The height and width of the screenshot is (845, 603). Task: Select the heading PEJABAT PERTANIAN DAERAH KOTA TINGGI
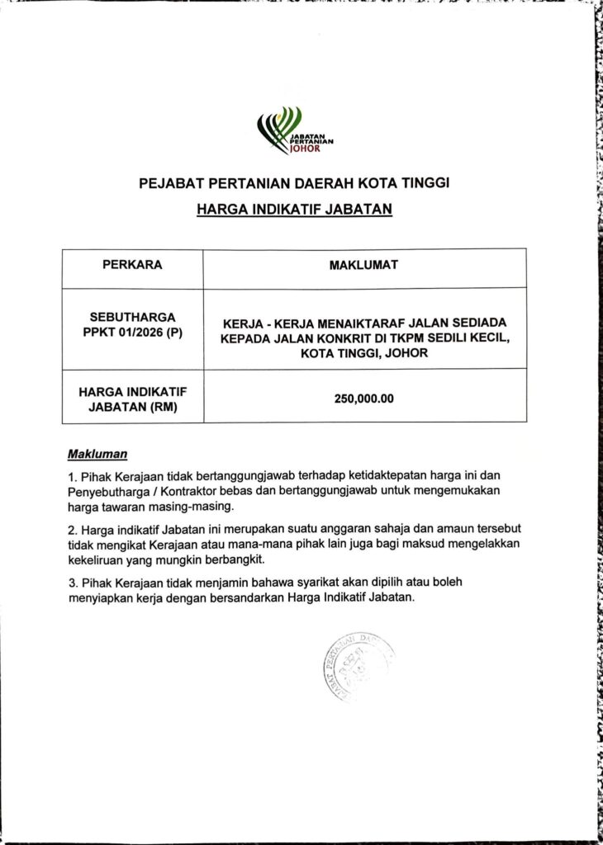(x=294, y=182)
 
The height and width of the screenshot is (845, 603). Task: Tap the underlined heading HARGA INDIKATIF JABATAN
(x=294, y=210)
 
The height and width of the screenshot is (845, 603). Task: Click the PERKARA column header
(x=132, y=266)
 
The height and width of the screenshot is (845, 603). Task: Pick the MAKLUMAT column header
(x=363, y=266)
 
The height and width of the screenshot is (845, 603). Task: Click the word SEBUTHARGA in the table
(x=132, y=316)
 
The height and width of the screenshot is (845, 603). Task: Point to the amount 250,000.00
(x=363, y=399)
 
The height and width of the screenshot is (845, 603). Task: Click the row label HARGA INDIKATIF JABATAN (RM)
(x=132, y=398)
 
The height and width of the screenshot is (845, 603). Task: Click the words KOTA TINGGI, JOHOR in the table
(x=363, y=354)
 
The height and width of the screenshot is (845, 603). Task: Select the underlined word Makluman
(x=97, y=454)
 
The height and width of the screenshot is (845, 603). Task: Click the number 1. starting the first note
(x=73, y=477)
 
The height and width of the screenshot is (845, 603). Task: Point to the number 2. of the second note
(x=73, y=529)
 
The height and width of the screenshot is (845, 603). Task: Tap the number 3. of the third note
(x=73, y=583)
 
